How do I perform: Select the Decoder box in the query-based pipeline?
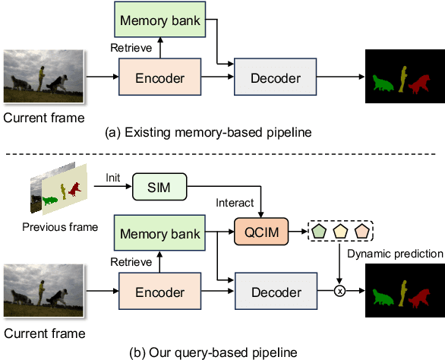tap(276, 292)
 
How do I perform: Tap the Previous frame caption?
tap(60, 226)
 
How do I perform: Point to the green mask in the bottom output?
tap(386, 294)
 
